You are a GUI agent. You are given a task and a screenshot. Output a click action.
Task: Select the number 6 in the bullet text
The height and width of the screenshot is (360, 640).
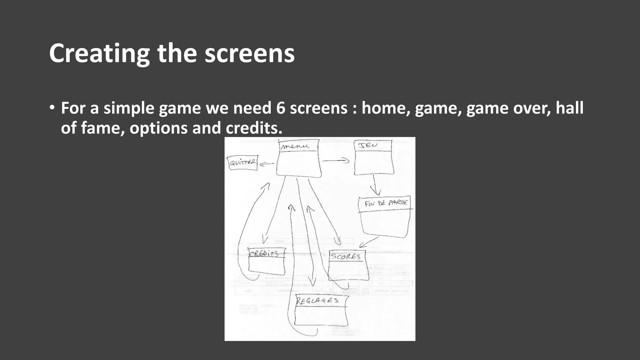(x=280, y=108)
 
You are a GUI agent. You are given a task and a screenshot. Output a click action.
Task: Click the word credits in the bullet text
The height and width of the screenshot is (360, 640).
(x=253, y=128)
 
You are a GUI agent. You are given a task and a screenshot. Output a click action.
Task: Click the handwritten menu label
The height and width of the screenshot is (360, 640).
(x=295, y=146)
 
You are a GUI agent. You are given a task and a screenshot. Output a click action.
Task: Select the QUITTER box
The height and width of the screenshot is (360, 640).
(x=243, y=163)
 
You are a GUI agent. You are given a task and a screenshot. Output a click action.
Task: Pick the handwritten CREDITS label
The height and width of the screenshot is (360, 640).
(x=264, y=253)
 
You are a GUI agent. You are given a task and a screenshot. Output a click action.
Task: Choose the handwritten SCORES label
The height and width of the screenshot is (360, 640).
(x=346, y=257)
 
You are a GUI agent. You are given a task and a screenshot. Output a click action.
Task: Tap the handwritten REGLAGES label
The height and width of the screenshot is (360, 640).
(x=317, y=301)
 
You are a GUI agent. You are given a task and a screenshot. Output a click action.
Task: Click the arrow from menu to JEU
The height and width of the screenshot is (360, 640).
(x=336, y=161)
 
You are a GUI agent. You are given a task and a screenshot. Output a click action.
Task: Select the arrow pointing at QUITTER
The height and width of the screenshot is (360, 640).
(x=266, y=163)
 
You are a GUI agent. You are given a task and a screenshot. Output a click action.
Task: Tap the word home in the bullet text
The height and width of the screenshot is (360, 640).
(x=386, y=108)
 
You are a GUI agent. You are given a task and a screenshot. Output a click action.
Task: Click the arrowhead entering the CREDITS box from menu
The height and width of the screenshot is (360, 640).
(x=265, y=240)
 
